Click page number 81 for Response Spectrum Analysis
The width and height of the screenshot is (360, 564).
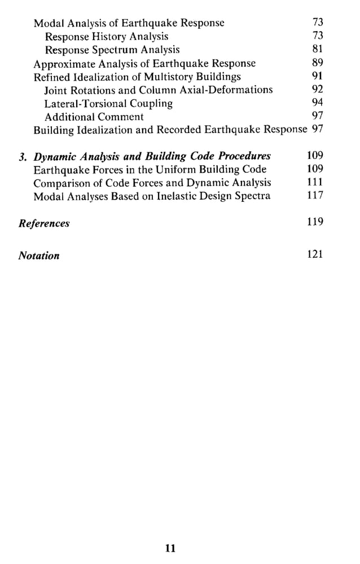[317, 50]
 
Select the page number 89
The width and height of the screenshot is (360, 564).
[317, 63]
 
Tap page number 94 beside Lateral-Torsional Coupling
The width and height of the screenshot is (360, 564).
[317, 103]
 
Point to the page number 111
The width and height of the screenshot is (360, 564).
[315, 182]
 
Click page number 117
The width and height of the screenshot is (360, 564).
[315, 196]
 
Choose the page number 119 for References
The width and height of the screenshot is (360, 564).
[315, 222]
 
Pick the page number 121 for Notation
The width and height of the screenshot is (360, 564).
[315, 254]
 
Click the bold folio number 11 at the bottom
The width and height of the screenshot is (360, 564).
[171, 548]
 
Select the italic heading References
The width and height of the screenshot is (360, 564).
[44, 223]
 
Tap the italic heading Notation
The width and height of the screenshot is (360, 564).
[39, 255]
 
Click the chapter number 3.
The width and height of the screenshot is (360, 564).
[23, 156]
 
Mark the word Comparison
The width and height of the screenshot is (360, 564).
[60, 183]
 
